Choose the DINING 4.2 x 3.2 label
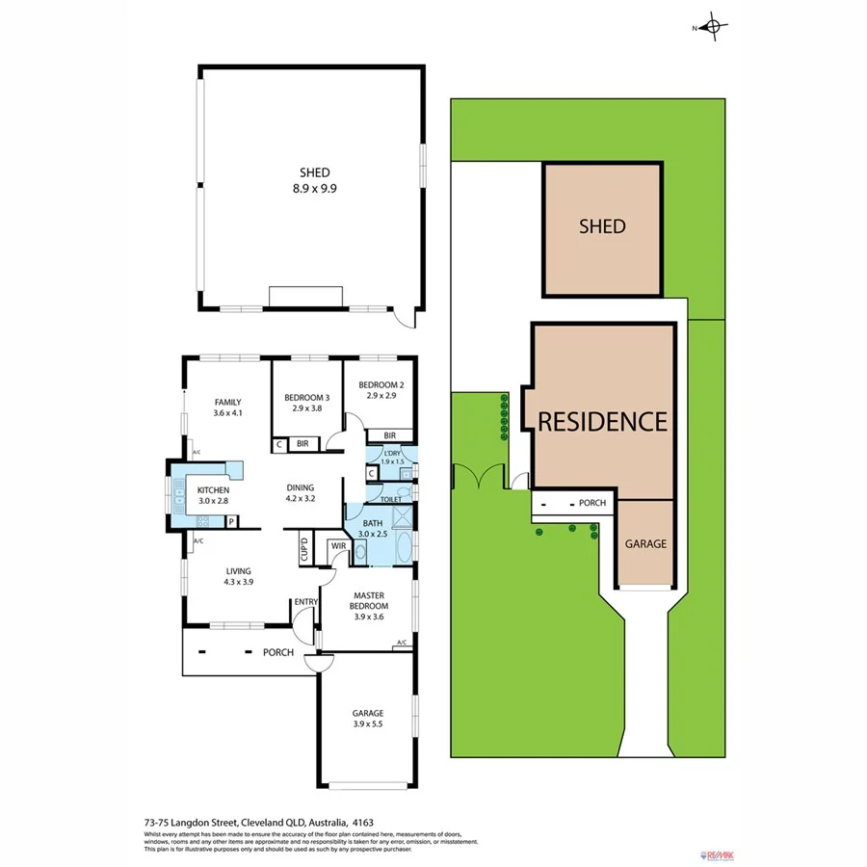tap(301, 492)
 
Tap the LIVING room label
tap(238, 575)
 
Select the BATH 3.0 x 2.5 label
tap(373, 528)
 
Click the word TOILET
tap(391, 499)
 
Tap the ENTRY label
tap(306, 602)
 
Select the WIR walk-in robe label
tap(338, 546)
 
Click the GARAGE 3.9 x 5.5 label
tap(368, 718)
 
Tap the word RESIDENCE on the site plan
tap(602, 421)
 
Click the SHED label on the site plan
tap(602, 226)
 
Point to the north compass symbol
tap(713, 28)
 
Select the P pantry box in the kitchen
tap(231, 522)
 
